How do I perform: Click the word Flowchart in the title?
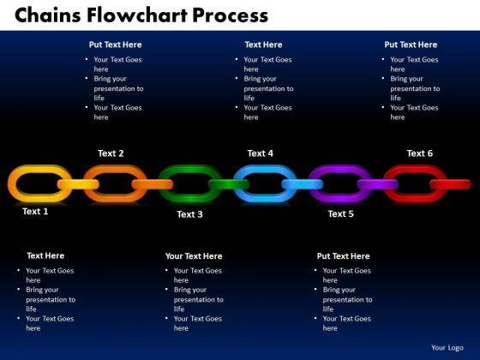[x=137, y=15]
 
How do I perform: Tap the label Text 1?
[x=35, y=211]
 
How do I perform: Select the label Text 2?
[x=111, y=153]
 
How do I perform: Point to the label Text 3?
[x=189, y=214]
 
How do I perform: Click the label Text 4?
[x=261, y=153]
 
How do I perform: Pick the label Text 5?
[x=341, y=213]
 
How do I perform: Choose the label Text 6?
[x=420, y=153]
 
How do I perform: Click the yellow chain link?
[x=13, y=183]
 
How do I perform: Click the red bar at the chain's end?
[x=450, y=184]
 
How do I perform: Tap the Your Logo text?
[x=447, y=348]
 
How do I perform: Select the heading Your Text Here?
[x=194, y=256]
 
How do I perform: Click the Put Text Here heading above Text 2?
[x=116, y=45]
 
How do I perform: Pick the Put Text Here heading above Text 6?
[x=411, y=45]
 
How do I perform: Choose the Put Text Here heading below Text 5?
[x=343, y=256]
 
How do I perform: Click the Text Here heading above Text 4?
[x=264, y=45]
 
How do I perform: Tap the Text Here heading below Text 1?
[x=45, y=255]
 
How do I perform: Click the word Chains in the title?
[x=48, y=15]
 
